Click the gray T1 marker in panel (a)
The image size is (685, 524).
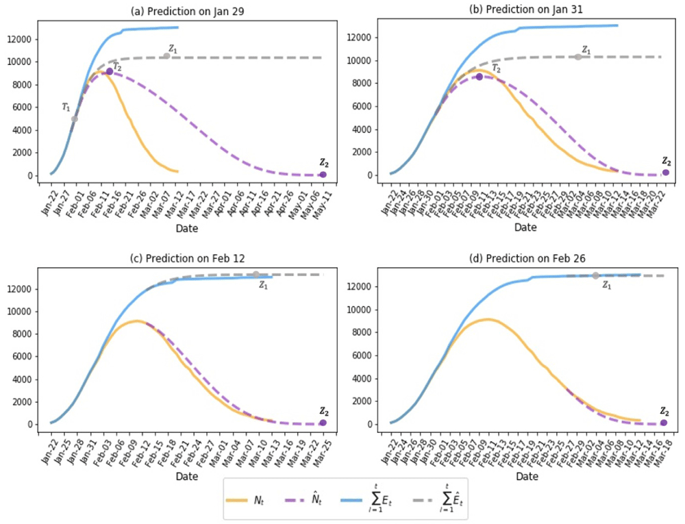[x=75, y=119]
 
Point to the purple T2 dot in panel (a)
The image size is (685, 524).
[x=110, y=71]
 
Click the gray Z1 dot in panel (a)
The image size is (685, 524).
[x=166, y=56]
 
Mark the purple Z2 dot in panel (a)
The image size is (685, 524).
[x=323, y=175]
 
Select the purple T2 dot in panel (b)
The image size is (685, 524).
[x=480, y=77]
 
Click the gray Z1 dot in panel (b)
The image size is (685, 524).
[x=578, y=57]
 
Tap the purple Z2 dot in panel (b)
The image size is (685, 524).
[x=665, y=173]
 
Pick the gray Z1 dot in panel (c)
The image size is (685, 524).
[x=256, y=275]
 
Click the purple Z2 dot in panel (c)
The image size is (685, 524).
[x=323, y=423]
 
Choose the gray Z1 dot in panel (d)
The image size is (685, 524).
[x=595, y=275]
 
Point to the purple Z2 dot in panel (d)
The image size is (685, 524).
[x=663, y=423]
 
